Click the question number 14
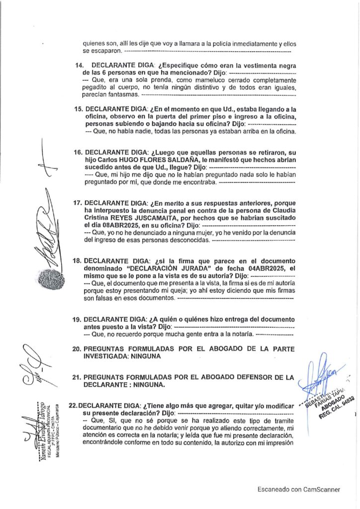[x=79, y=66]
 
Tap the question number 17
[x=77, y=203]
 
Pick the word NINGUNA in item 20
[x=155, y=356]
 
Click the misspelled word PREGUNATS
[x=106, y=377]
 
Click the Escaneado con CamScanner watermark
[x=298, y=489]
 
